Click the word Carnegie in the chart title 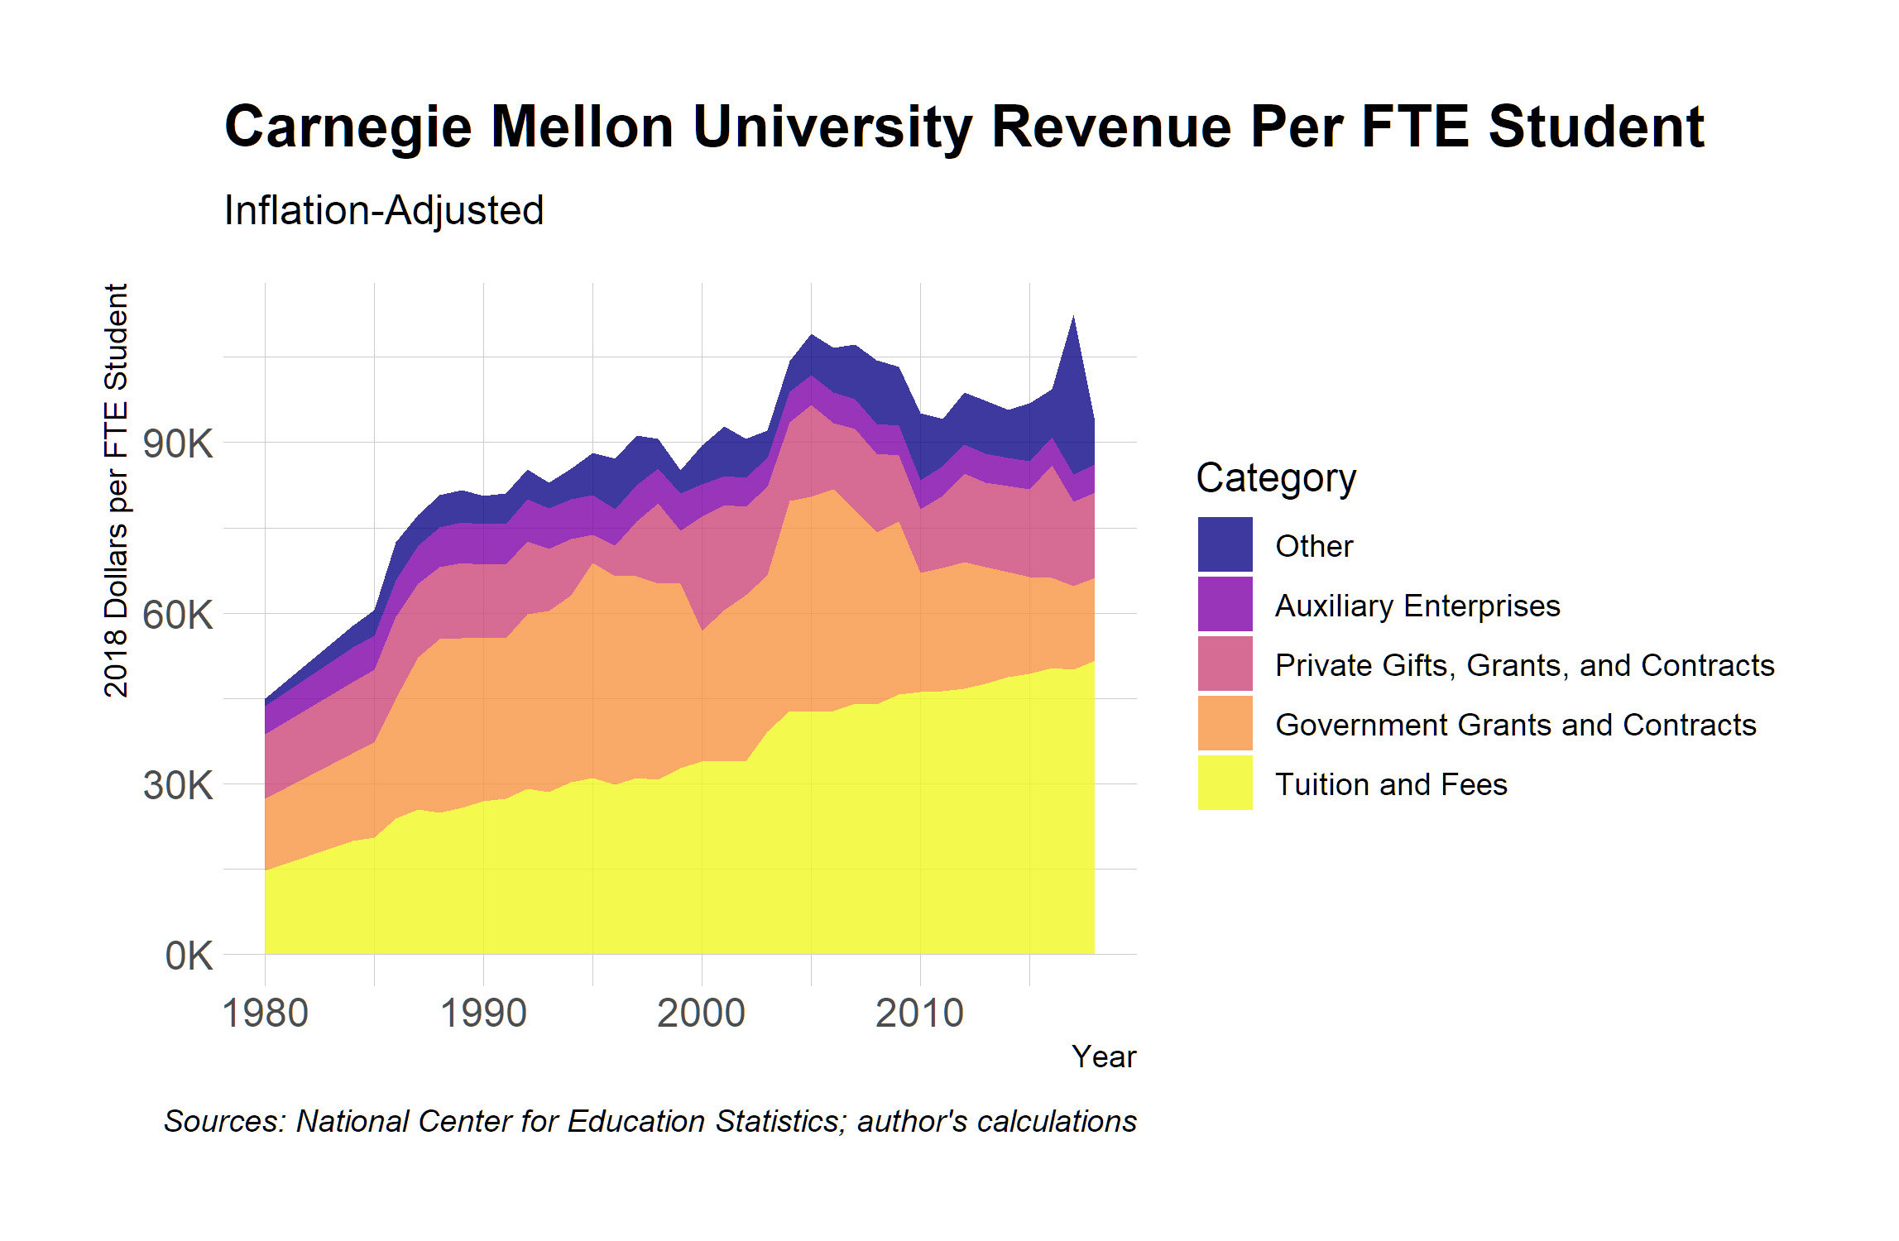[348, 127]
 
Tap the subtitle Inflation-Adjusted [384, 210]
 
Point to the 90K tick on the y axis [177, 443]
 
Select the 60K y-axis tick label [177, 615]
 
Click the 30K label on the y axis [177, 785]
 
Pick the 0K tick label [189, 956]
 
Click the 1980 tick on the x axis [266, 1013]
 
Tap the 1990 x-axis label [484, 1013]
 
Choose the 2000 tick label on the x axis [702, 1013]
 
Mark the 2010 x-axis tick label [920, 1013]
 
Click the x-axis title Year [1104, 1057]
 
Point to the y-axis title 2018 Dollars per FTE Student [117, 491]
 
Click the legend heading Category [1276, 478]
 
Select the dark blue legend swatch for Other [1225, 544]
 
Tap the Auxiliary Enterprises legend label [1417, 606]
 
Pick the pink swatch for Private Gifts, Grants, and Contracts [1225, 664]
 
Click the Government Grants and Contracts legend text [1515, 725]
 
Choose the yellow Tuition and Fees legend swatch [1225, 783]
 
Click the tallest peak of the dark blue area [1073, 319]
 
